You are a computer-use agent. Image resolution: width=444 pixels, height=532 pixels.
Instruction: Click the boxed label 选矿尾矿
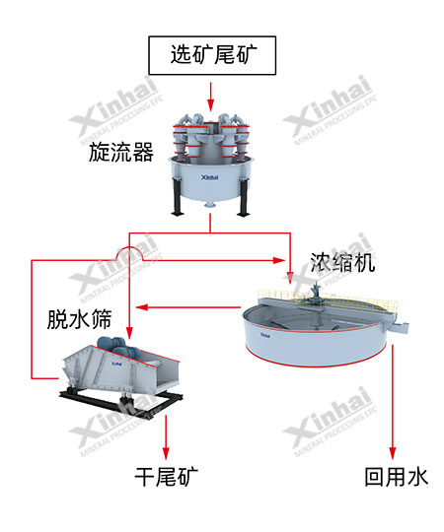coord(210,55)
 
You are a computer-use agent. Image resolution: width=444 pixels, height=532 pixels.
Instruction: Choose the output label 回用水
coord(396,477)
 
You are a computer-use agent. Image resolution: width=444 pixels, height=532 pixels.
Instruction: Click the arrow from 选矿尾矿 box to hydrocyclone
coord(210,95)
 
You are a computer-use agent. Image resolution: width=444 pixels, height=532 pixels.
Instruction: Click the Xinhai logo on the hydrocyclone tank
coord(208,179)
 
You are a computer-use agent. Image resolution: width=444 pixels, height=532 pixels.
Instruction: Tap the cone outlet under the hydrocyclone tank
coord(211,204)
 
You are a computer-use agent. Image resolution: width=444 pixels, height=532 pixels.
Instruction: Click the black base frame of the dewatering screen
coord(118,399)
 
